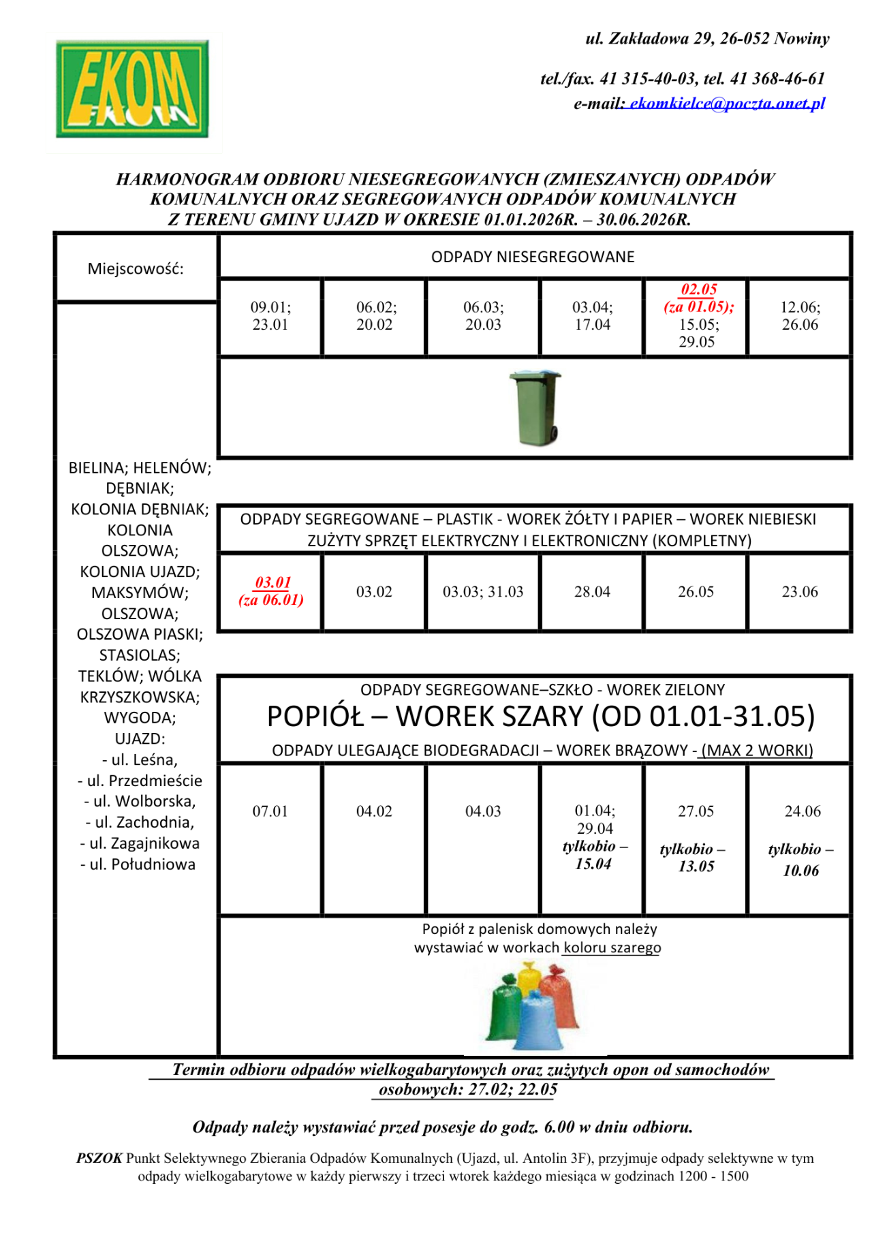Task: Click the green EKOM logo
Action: [132, 89]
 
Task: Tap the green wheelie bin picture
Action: [536, 407]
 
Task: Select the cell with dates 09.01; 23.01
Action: [270, 316]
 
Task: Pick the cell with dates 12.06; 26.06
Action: [800, 316]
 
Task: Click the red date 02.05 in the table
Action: [699, 289]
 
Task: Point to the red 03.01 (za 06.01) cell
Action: [271, 591]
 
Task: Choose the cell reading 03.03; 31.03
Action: [483, 592]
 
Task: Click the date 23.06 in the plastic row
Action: [800, 592]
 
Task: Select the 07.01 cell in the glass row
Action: [270, 811]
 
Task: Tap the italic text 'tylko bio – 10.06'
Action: [800, 860]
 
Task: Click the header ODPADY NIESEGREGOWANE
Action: [533, 257]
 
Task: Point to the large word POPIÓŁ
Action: [315, 717]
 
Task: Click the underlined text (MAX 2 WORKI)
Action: [757, 751]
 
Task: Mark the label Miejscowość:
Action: [136, 268]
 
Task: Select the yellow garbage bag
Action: [529, 978]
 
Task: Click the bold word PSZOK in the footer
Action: [99, 1158]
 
